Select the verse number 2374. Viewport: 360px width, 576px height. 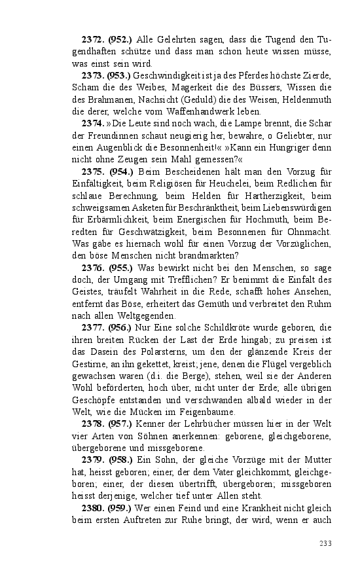point(94,122)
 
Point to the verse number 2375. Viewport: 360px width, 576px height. point(94,171)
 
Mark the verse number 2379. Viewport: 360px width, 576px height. point(94,461)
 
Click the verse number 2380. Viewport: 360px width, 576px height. point(94,508)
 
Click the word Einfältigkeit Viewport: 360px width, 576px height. point(99,183)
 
